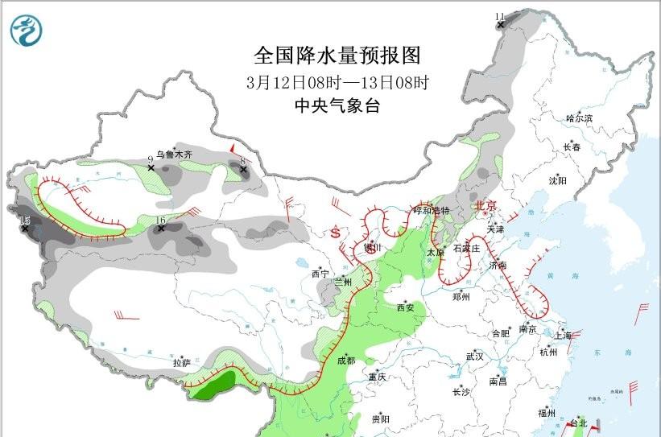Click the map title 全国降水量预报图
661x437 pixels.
tap(337, 56)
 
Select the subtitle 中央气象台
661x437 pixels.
tap(337, 106)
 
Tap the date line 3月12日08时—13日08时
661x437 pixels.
tap(337, 82)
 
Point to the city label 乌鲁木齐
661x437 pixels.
tap(175, 154)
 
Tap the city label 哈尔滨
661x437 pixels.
tap(578, 118)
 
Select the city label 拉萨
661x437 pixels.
tap(182, 363)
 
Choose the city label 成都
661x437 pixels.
tap(346, 361)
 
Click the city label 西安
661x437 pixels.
tap(407, 307)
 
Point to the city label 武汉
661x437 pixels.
tap(474, 356)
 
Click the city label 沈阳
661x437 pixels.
tap(557, 181)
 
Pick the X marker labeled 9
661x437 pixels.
tap(151, 167)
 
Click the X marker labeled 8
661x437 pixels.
tap(242, 170)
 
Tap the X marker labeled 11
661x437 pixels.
tap(500, 25)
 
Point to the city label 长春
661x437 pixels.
tap(572, 147)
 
